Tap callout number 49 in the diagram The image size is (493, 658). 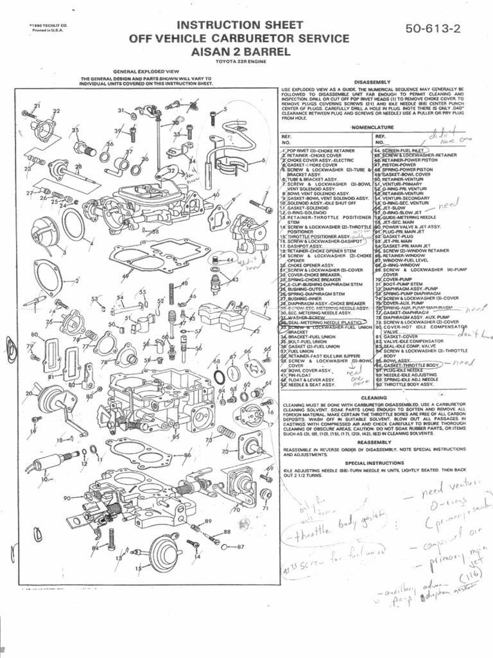coord(125,276)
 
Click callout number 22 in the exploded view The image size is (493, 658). coord(56,111)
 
